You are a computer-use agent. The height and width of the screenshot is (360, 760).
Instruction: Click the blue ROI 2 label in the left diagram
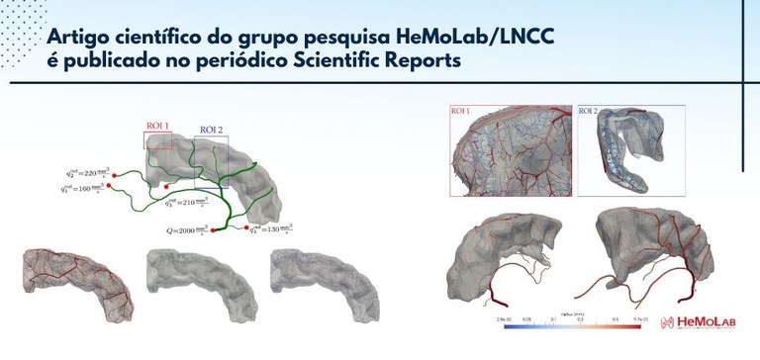tap(212, 131)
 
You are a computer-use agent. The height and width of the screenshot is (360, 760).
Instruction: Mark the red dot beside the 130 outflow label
tap(244, 228)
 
